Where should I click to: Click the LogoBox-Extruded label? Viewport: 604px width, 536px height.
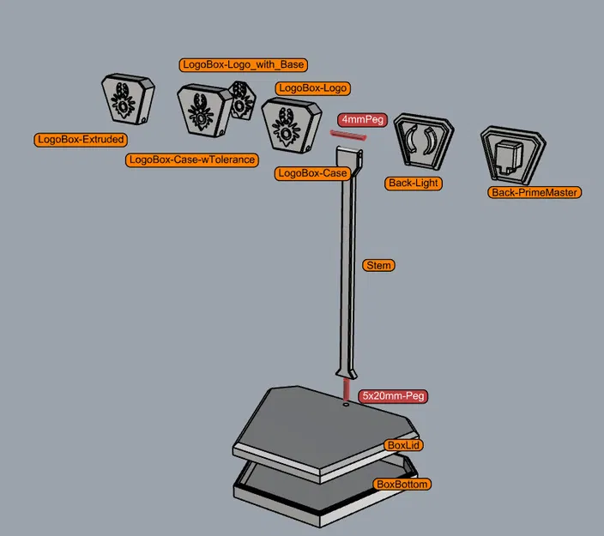pyautogui.click(x=81, y=139)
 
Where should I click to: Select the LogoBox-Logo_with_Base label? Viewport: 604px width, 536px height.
pyautogui.click(x=244, y=64)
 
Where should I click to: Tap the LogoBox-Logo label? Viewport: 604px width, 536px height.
pyautogui.click(x=312, y=87)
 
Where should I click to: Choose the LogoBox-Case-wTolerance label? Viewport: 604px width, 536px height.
pyautogui.click(x=191, y=160)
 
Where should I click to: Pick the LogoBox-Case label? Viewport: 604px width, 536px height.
pyautogui.click(x=312, y=173)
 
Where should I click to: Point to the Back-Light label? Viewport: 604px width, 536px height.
pyautogui.click(x=414, y=183)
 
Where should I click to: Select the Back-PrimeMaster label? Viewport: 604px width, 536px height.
pyautogui.click(x=535, y=193)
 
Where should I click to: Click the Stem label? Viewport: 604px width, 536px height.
pyautogui.click(x=378, y=265)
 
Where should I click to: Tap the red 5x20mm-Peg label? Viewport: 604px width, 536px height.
pyautogui.click(x=392, y=396)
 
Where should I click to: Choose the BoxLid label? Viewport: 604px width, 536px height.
pyautogui.click(x=405, y=446)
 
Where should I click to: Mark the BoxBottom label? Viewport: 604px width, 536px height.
pyautogui.click(x=402, y=485)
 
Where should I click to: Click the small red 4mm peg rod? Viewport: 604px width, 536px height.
pyautogui.click(x=344, y=134)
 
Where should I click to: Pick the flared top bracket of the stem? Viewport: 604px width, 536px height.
pyautogui.click(x=349, y=158)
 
